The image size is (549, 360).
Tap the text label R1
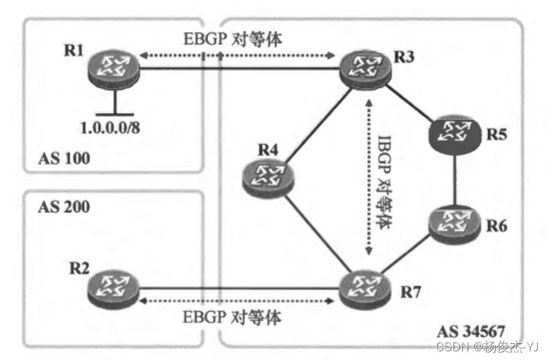click(x=75, y=51)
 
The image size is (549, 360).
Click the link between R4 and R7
click(x=314, y=229)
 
